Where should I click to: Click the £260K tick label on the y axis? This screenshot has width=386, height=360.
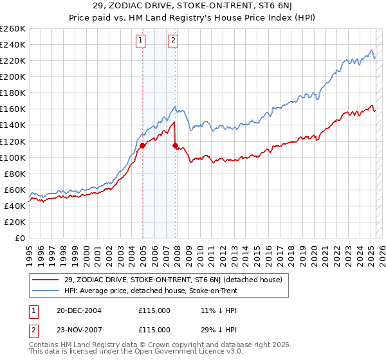(12, 29)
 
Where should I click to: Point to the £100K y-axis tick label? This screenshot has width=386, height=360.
(12, 157)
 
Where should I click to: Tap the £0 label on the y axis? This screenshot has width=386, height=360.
(19, 239)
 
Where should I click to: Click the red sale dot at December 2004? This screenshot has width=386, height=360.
(142, 146)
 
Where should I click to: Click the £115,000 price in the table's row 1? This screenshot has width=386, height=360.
(154, 310)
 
